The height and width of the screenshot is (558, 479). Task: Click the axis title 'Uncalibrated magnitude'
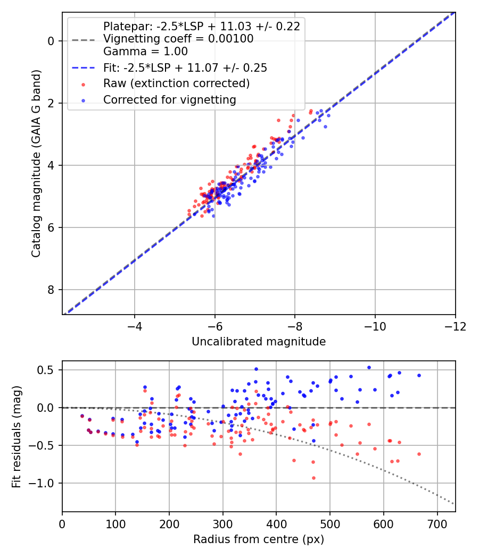pyautogui.click(x=259, y=342)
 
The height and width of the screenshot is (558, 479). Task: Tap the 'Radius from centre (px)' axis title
pyautogui.click(x=259, y=539)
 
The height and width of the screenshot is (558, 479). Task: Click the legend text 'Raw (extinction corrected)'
pyautogui.click(x=176, y=83)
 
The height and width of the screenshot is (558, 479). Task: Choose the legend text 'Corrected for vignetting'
pyautogui.click(x=169, y=99)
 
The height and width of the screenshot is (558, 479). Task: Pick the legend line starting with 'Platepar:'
pyautogui.click(x=201, y=27)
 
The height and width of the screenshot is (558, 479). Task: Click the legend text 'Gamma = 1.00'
pyautogui.click(x=145, y=52)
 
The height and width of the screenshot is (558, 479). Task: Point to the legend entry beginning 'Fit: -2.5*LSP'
pyautogui.click(x=185, y=68)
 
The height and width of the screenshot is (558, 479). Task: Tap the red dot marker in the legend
pyautogui.click(x=83, y=84)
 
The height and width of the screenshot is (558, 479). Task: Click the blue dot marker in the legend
pyautogui.click(x=83, y=100)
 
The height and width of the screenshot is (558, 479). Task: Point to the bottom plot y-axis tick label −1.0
pyautogui.click(x=46, y=484)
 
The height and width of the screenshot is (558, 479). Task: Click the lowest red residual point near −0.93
pyautogui.click(x=313, y=478)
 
